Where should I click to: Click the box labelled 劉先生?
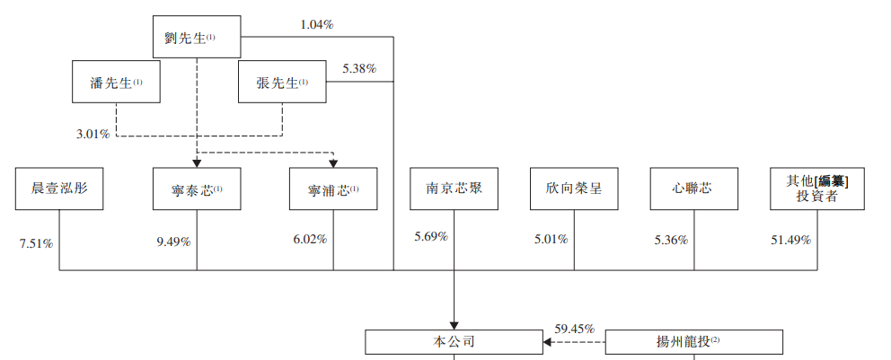point(197,37)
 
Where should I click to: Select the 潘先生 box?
point(116,82)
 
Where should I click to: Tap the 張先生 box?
point(282,82)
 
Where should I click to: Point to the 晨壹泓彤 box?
point(59,189)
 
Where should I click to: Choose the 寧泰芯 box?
point(197,189)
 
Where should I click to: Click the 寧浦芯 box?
point(333,189)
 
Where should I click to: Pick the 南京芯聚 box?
point(454,189)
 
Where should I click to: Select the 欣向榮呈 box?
point(574,189)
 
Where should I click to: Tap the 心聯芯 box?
point(693,189)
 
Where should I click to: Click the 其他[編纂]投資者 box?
point(817,189)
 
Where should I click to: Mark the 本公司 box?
point(454,342)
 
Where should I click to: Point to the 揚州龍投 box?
point(693,342)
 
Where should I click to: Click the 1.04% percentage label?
point(317,24)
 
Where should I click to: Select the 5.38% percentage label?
point(359,69)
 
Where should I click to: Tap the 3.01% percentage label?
point(93,135)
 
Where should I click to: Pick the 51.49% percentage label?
point(791,241)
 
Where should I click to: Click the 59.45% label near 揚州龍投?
point(575,329)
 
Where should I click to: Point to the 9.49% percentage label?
point(174,241)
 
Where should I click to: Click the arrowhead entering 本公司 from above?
point(454,325)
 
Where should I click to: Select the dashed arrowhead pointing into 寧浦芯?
point(333,163)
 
